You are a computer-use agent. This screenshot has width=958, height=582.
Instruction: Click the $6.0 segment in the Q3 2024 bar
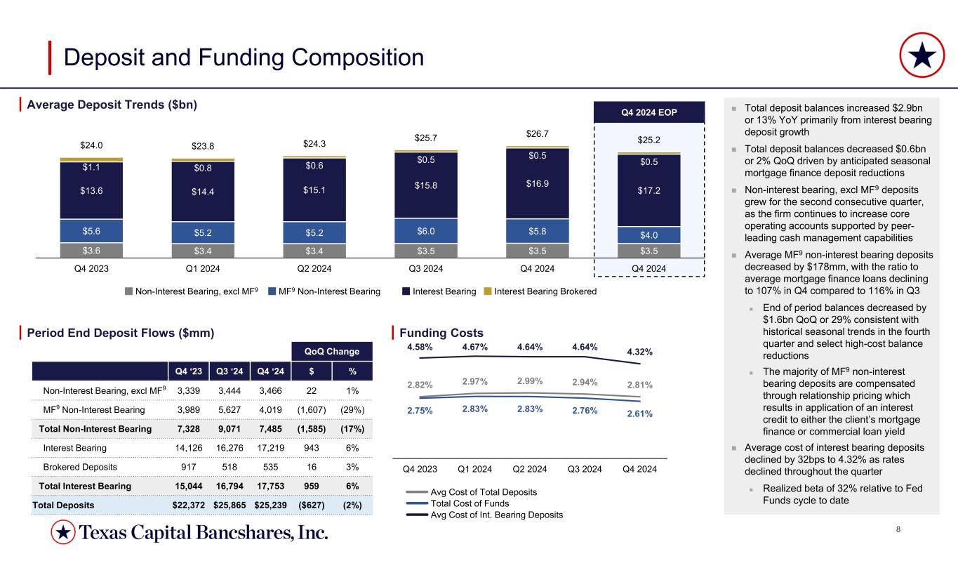click(x=426, y=230)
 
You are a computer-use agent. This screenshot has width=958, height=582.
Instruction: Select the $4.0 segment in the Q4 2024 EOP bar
click(x=649, y=235)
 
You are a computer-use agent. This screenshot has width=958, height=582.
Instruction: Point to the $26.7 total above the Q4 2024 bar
click(x=538, y=133)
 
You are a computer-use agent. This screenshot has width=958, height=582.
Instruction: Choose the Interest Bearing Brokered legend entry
click(x=544, y=291)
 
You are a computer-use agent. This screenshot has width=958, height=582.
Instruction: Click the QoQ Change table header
click(x=331, y=351)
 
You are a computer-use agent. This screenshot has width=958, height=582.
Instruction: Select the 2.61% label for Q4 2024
click(x=639, y=414)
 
